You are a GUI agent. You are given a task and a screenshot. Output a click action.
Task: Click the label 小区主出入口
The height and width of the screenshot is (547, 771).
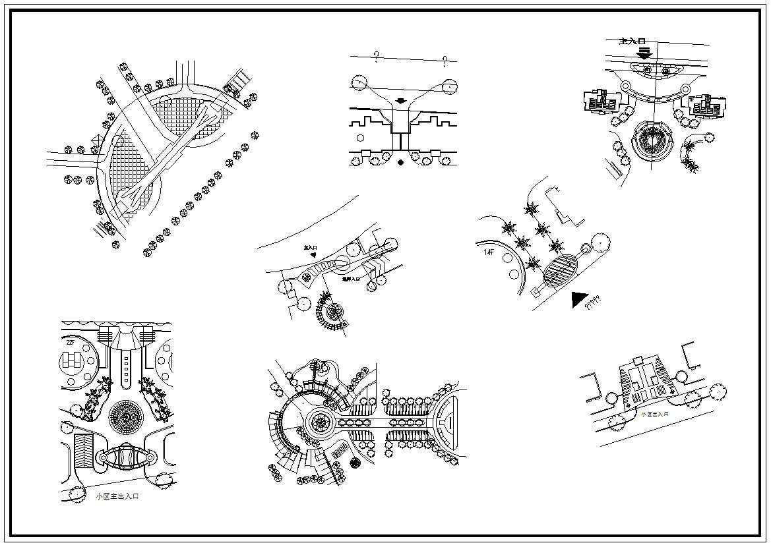(117, 496)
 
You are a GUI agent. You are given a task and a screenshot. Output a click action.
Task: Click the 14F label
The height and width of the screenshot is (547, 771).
(489, 251)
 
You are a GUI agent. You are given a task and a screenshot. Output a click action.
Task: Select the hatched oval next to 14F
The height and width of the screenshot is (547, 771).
(560, 270)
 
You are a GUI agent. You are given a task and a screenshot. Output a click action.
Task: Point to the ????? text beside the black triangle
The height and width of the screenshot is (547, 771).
(593, 301)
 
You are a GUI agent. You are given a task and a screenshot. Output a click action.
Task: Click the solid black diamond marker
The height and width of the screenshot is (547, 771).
(400, 162)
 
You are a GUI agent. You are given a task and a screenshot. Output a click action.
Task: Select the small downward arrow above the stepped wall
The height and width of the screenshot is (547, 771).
(400, 101)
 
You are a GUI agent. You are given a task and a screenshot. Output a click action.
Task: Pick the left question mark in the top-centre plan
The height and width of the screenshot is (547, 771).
(376, 57)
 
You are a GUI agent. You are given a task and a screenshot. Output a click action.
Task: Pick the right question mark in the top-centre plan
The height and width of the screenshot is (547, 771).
(446, 62)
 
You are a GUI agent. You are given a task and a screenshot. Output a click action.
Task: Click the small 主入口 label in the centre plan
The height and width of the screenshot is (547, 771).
(311, 248)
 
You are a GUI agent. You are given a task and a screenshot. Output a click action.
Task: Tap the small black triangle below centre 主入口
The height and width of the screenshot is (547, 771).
(314, 255)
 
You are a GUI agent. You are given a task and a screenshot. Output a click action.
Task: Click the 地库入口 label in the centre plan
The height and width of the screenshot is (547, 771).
(351, 279)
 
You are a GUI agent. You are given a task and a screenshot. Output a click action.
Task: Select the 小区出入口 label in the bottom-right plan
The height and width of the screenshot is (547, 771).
(655, 414)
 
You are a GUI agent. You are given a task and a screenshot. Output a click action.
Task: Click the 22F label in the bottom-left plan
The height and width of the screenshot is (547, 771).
(71, 342)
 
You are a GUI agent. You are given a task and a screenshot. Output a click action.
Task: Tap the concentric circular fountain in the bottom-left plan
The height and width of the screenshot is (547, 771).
(123, 415)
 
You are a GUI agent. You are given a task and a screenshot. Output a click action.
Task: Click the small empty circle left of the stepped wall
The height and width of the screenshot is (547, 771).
(359, 138)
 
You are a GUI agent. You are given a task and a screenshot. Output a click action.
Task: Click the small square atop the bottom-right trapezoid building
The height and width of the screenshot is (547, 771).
(638, 360)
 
